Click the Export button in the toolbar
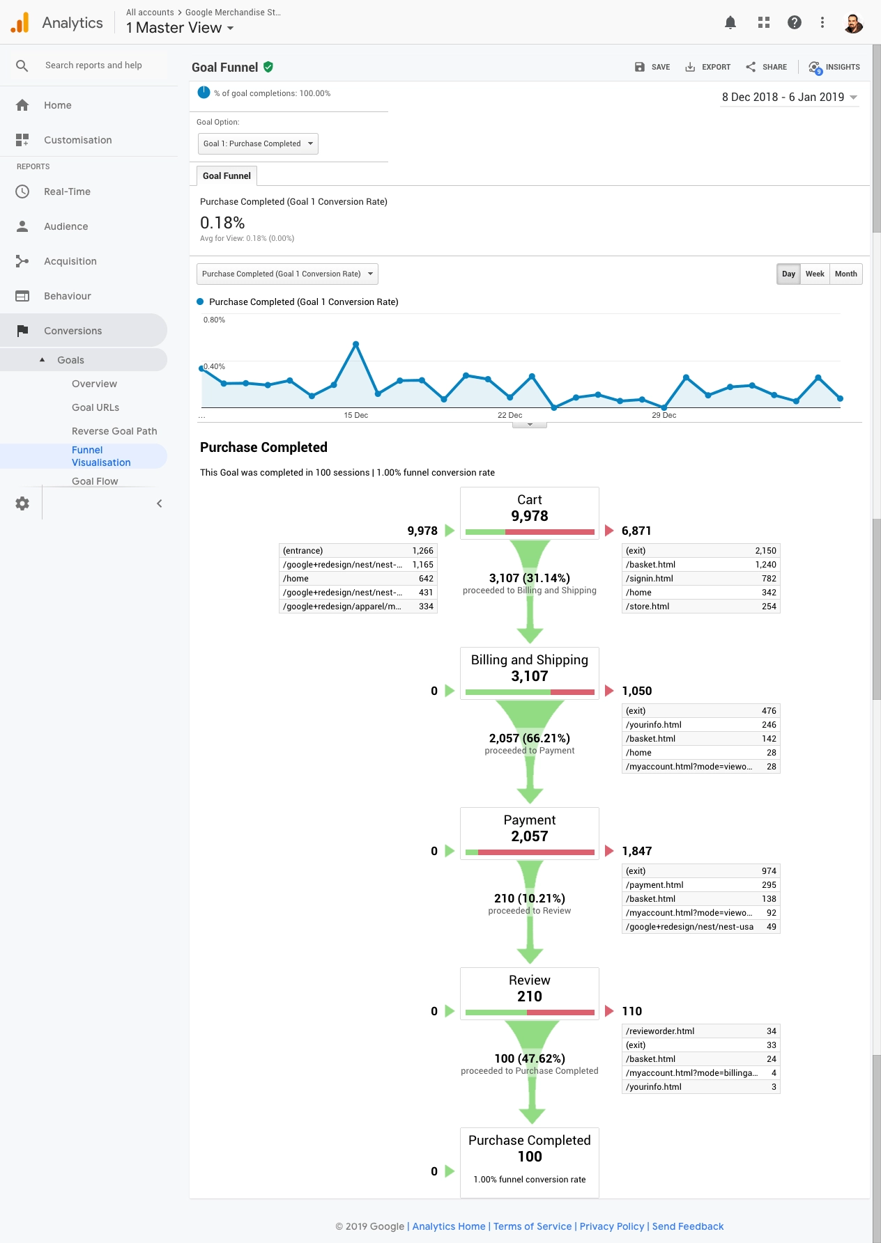[x=708, y=67]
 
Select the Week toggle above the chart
[x=814, y=274]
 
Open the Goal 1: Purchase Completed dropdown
[x=258, y=143]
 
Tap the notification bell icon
[x=730, y=22]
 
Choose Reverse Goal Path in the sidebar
[x=114, y=431]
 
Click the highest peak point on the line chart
[x=356, y=344]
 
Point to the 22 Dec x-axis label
[x=510, y=415]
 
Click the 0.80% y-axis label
[x=214, y=320]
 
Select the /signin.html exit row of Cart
[x=700, y=579]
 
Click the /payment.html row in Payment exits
[x=700, y=885]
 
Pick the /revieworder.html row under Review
[x=700, y=1031]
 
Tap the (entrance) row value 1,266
[x=422, y=551]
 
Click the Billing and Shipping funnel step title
[x=530, y=660]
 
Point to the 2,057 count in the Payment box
[x=530, y=836]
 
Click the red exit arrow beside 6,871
[x=609, y=531]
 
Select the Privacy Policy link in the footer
[x=612, y=1226]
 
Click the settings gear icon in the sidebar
[x=22, y=503]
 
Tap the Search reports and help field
[x=93, y=65]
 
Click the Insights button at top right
[x=834, y=67]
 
